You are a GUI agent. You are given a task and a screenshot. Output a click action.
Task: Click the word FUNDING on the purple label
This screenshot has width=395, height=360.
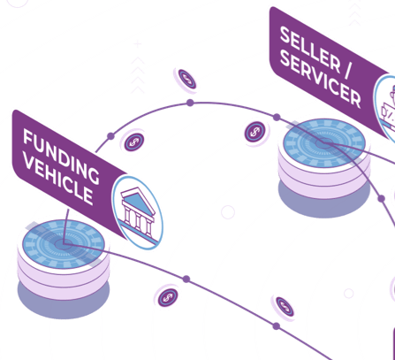[61, 156]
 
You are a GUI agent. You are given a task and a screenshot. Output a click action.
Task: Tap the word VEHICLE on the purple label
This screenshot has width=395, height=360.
[58, 180]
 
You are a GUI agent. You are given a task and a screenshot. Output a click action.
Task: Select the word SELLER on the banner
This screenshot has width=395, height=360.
[310, 49]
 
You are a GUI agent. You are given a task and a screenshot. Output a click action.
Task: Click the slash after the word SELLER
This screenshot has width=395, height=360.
[348, 69]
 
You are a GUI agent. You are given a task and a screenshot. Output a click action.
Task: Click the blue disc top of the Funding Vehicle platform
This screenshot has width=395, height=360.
[64, 244]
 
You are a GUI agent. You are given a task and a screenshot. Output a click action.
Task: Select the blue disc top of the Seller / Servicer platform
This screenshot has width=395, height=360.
[324, 143]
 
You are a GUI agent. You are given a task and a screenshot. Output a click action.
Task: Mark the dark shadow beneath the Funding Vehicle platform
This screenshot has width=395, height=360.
[64, 303]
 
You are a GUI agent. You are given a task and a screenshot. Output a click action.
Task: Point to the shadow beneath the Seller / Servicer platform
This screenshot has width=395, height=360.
[324, 202]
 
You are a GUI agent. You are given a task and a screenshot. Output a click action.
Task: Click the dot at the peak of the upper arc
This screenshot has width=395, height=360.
[190, 103]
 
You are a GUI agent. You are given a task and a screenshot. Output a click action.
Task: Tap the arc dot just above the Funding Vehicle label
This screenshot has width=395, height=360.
[110, 136]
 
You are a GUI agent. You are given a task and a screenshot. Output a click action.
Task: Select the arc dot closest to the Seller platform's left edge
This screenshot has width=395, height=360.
[277, 118]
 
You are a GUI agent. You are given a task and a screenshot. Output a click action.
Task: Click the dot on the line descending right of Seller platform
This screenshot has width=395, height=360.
[382, 199]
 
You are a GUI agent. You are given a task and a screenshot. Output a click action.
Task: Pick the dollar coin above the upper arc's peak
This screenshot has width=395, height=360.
[186, 80]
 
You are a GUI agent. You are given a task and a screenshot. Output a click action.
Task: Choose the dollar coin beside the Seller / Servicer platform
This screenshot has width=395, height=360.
[255, 132]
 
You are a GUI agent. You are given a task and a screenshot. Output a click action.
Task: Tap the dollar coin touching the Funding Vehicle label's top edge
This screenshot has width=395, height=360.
[134, 142]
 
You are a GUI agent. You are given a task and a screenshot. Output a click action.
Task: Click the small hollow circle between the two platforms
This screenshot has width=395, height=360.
[228, 212]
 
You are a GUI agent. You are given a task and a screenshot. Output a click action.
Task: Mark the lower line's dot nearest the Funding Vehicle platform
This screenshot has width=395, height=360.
[186, 279]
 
